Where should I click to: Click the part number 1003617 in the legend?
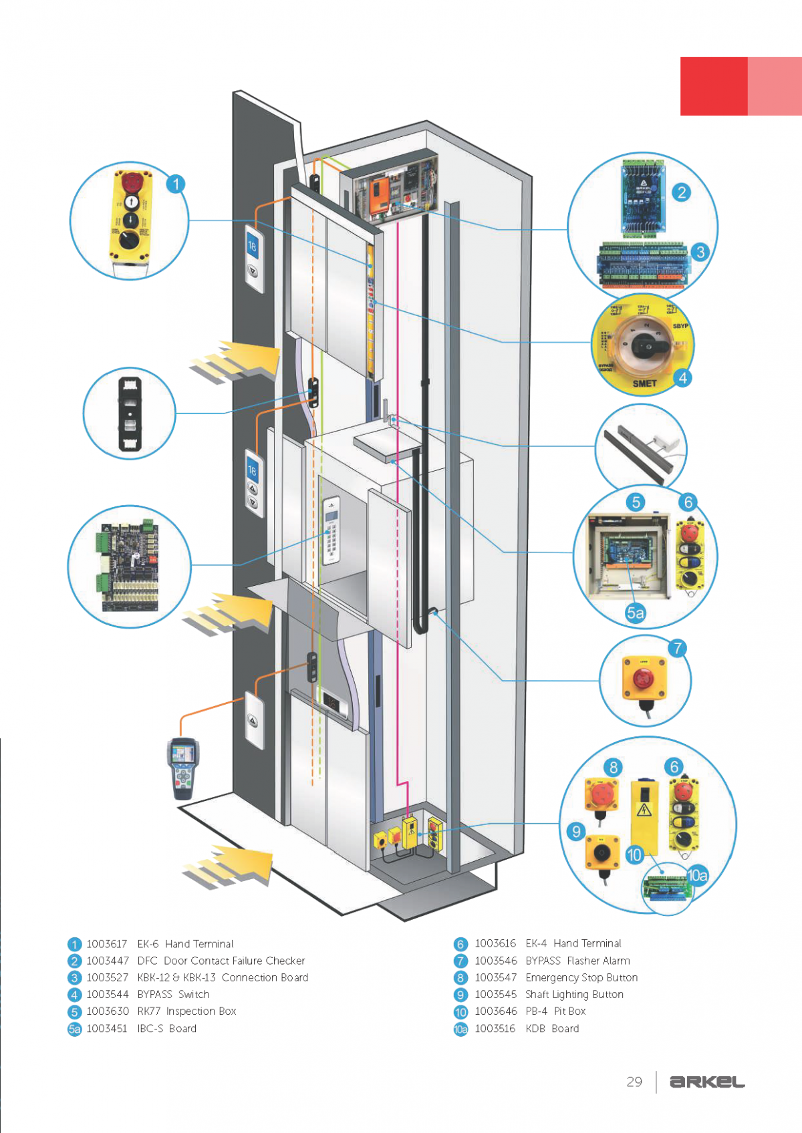pos(107,944)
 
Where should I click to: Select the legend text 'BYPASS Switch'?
pos(173,994)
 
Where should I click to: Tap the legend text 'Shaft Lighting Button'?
pos(574,994)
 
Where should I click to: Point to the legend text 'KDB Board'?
pos(552,1029)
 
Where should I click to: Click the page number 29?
pos(634,1082)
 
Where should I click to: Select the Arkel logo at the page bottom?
pos(707,1082)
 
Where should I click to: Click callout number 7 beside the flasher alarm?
pos(677,648)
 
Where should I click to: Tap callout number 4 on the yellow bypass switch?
pos(682,378)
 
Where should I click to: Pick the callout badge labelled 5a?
pos(636,613)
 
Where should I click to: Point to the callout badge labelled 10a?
pos(697,875)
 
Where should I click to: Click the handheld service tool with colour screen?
pos(183,768)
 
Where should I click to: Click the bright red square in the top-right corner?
pos(713,86)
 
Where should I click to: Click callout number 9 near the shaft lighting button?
pos(575,832)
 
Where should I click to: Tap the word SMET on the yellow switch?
pos(644,383)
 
